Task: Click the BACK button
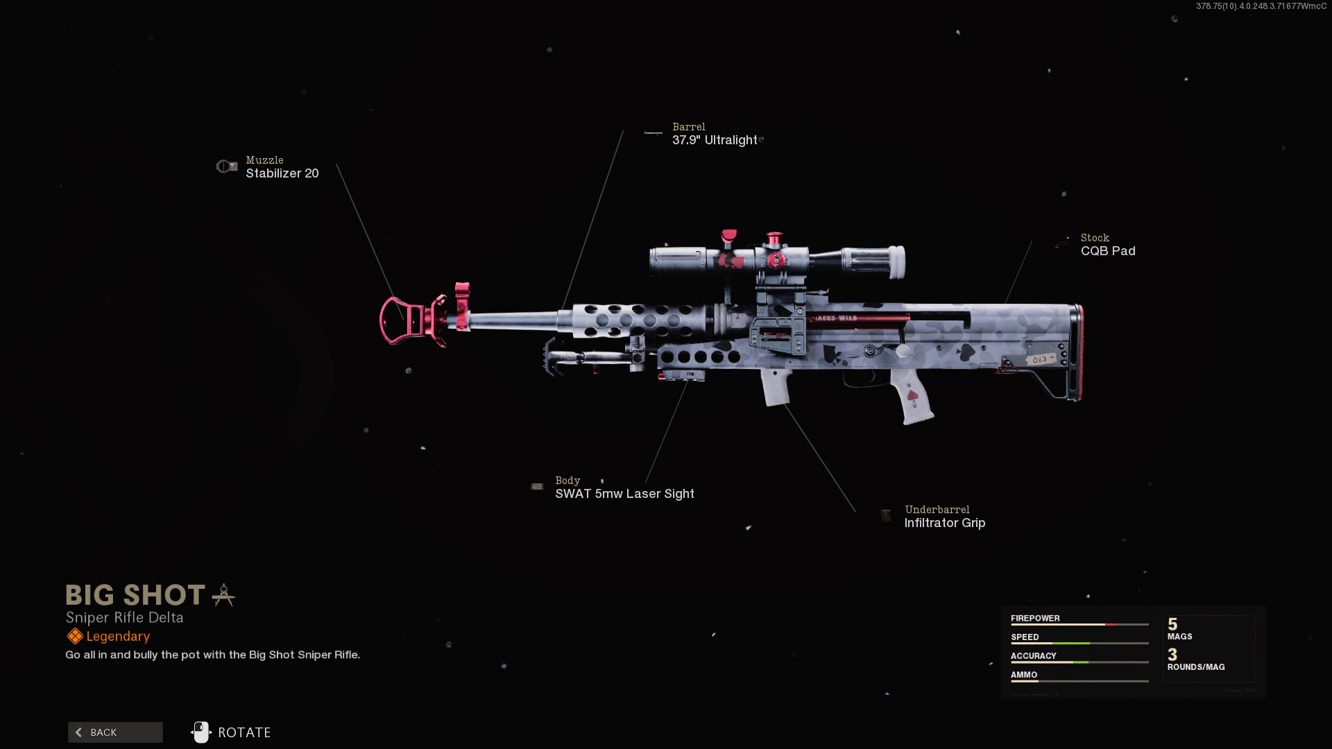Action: tap(115, 732)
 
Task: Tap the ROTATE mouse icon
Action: tap(201, 732)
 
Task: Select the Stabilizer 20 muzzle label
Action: tap(282, 173)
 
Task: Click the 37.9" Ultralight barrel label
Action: tap(715, 140)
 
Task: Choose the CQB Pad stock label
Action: tap(1108, 251)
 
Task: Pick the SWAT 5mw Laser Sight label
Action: tap(624, 494)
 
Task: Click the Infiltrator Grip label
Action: tap(944, 523)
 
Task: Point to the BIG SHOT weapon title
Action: tap(135, 595)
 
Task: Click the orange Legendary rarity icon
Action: tap(75, 636)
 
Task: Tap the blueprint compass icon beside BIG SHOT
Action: tap(223, 595)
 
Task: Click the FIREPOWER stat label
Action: tap(1035, 618)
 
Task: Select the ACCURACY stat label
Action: tap(1033, 655)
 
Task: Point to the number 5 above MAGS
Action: tap(1172, 624)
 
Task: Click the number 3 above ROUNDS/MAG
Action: tap(1172, 655)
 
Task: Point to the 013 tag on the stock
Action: tap(1040, 359)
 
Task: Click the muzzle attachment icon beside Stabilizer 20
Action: tap(226, 166)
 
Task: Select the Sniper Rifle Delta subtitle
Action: tap(124, 617)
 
